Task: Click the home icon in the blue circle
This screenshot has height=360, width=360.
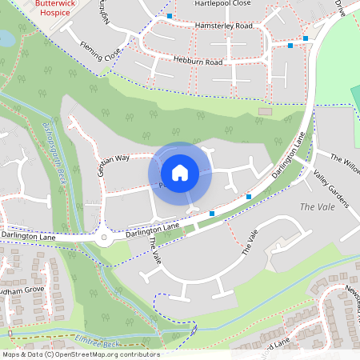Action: [180, 173]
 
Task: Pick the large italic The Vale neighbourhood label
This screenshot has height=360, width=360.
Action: [315, 207]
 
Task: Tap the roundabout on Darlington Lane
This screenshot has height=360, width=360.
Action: [103, 238]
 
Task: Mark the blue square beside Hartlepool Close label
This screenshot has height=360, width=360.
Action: [170, 16]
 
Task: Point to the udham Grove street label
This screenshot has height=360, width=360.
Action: [22, 290]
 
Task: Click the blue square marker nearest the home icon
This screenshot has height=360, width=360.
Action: [212, 213]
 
